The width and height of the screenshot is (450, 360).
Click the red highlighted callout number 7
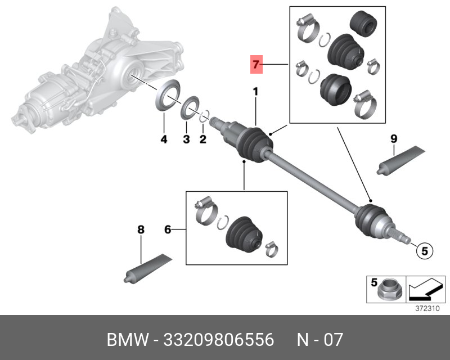coord(256,65)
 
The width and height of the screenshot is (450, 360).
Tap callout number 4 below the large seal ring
coord(164,139)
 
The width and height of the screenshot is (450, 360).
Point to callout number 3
coord(186,139)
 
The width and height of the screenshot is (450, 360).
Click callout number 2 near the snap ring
coord(203,139)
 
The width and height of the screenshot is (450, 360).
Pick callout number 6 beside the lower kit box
coord(167,229)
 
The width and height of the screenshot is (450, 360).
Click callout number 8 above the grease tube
coord(141,229)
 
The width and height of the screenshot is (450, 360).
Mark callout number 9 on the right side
coord(394,138)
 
